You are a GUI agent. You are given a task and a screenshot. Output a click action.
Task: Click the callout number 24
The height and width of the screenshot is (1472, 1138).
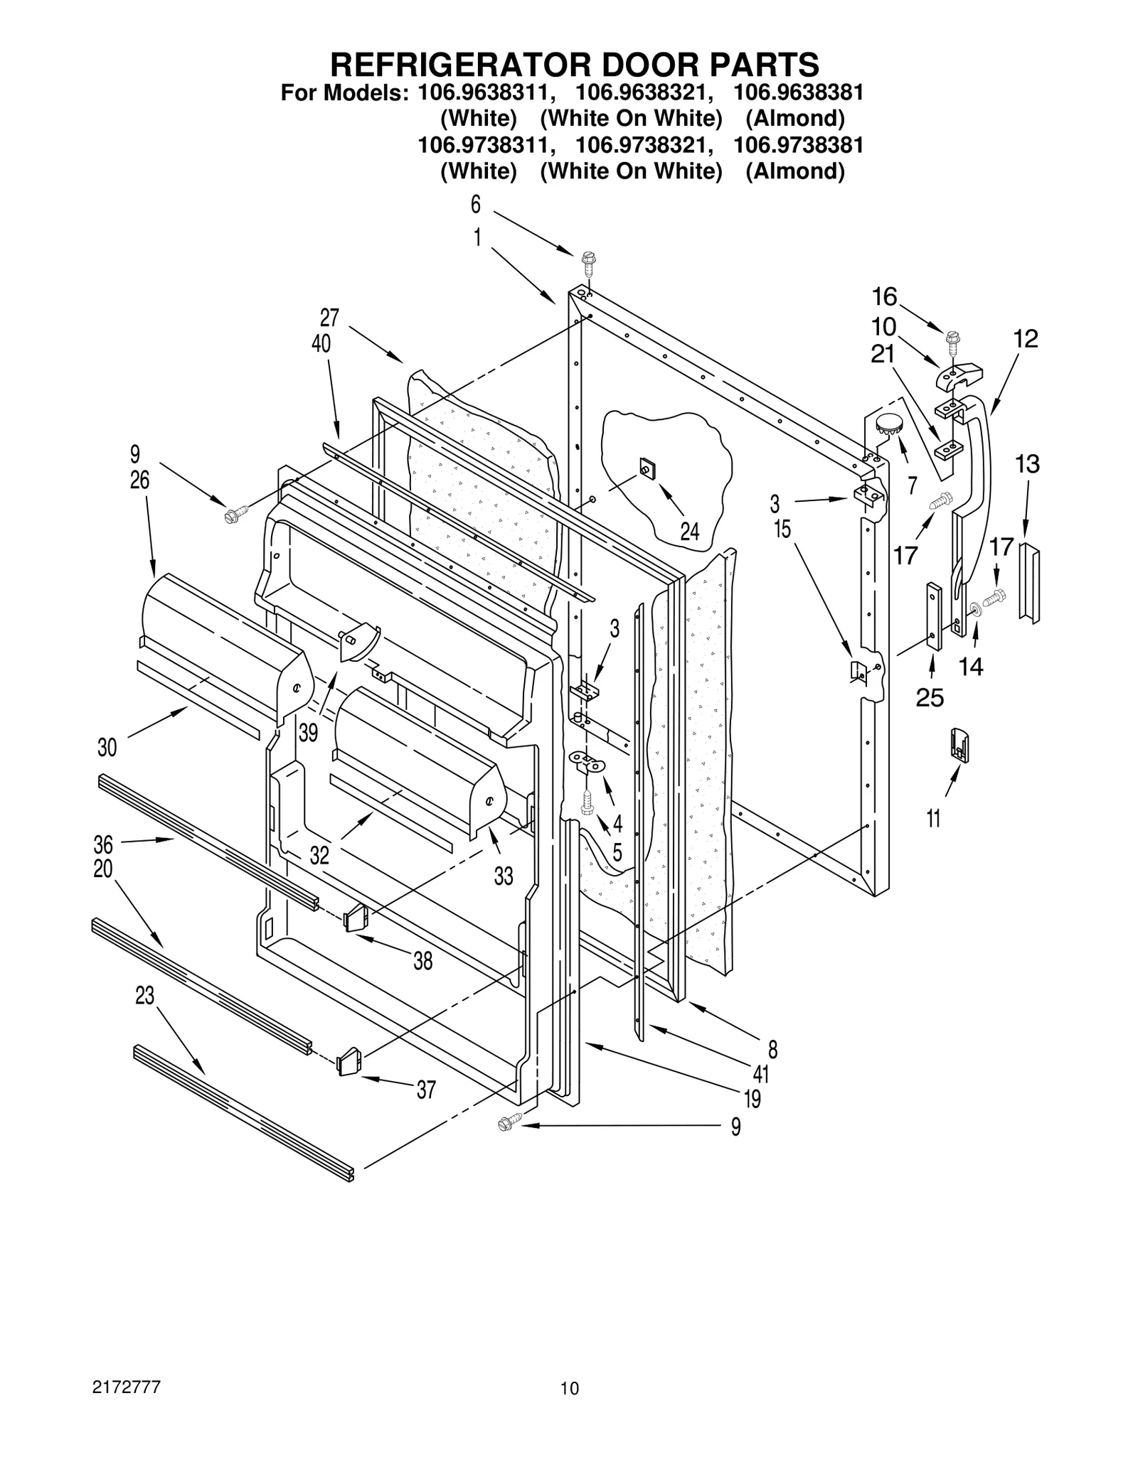click(x=689, y=531)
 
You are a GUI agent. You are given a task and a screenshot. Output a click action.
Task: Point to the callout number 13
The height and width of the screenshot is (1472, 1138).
click(x=1027, y=464)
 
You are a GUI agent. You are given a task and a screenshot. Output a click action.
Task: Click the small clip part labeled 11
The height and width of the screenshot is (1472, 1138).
click(x=959, y=746)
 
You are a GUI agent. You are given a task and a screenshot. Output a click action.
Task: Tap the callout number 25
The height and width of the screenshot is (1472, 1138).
click(x=930, y=698)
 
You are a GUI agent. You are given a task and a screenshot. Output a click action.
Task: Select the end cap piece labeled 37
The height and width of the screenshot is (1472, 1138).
click(x=349, y=1064)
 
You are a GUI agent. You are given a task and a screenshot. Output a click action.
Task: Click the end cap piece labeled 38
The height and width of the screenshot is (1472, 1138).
click(x=356, y=918)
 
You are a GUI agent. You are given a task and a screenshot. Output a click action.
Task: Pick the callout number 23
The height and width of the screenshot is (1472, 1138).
click(x=144, y=996)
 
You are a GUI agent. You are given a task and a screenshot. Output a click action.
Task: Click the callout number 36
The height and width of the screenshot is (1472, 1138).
click(x=103, y=844)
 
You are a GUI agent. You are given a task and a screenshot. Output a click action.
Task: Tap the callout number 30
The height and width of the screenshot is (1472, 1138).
click(x=107, y=747)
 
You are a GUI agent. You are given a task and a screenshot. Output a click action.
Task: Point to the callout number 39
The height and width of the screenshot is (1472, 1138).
click(x=308, y=732)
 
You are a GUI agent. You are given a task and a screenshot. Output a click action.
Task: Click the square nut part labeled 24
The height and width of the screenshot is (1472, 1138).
click(x=647, y=469)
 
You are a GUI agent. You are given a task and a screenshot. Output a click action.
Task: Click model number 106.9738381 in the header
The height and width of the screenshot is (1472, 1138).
click(x=798, y=145)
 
